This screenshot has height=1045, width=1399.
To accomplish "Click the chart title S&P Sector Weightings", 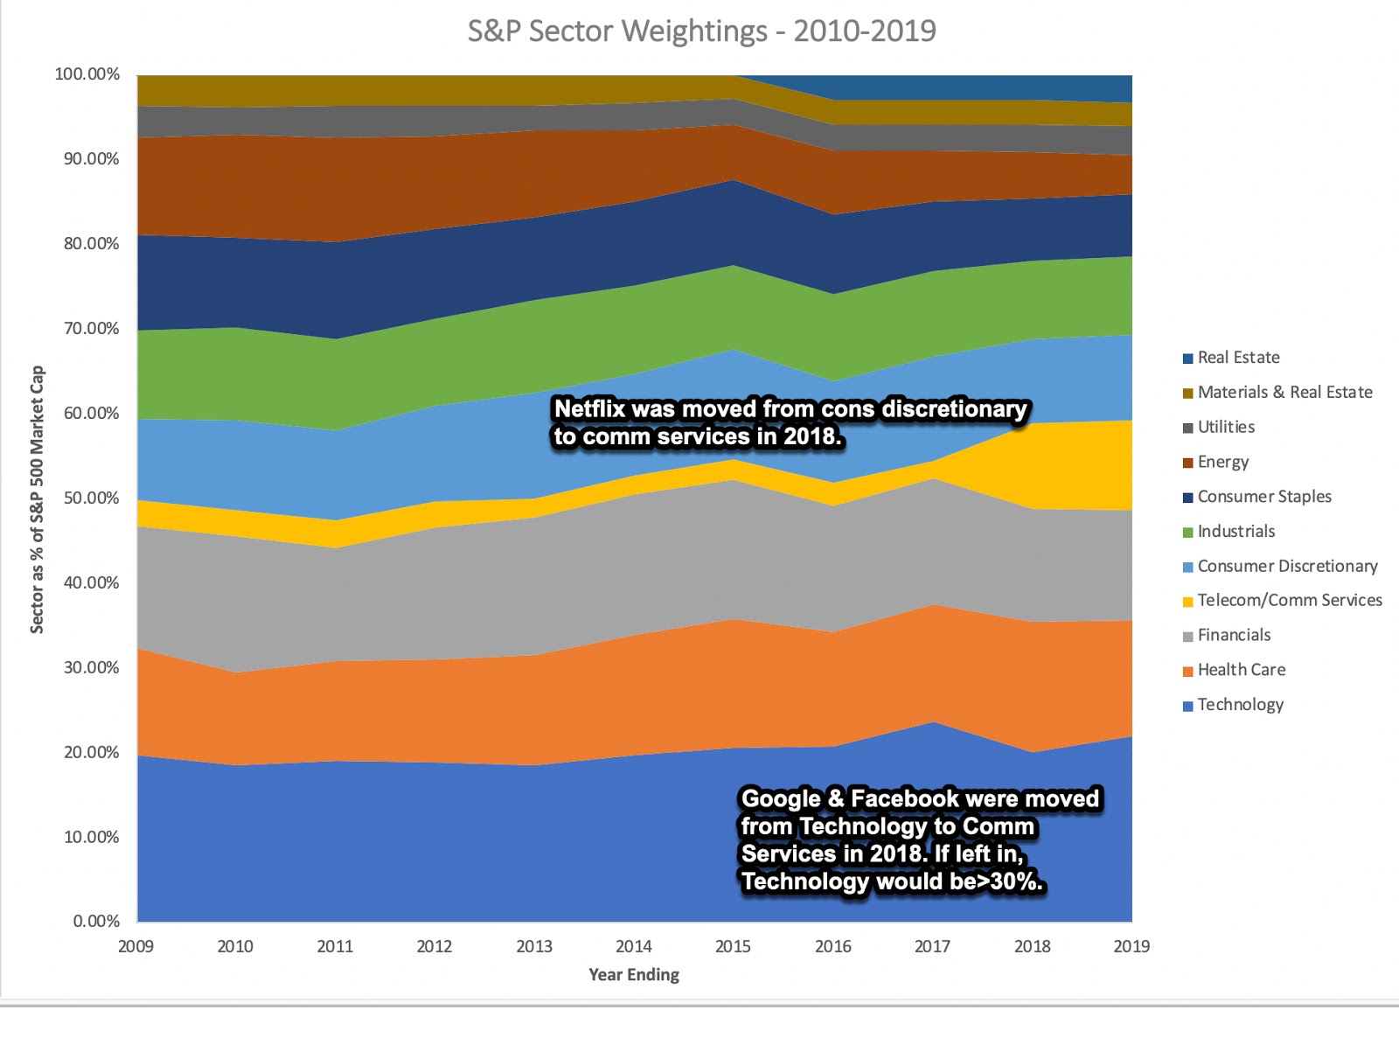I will pos(701,31).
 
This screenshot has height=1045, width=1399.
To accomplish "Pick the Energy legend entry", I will pos(1222,462).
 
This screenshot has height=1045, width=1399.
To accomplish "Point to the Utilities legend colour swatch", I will pos(1187,428).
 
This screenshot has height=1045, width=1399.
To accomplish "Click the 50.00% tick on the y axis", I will pos(91,498).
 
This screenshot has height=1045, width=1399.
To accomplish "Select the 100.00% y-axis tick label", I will pos(87,74).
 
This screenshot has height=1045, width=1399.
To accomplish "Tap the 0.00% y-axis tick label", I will pos(96,922).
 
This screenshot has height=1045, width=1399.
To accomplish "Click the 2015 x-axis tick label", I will pos(733,946).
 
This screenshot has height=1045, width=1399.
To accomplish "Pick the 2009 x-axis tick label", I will pos(136,946).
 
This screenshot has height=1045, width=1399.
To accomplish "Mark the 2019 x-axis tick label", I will pos(1131,946).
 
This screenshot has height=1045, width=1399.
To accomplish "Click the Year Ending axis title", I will pos(634,975).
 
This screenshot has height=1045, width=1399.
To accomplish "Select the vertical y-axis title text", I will pos(37,499).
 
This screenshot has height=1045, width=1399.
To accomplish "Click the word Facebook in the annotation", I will pos(892,799).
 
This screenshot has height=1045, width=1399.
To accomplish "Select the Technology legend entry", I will pos(1240,705).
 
